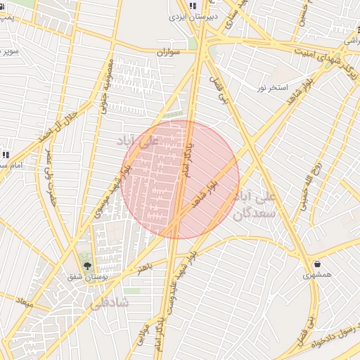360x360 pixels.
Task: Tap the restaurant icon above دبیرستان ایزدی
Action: pyautogui.click(x=193, y=6)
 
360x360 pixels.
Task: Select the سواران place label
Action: pyautogui.click(x=169, y=52)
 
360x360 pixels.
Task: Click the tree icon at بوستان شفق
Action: pyautogui.click(x=87, y=266)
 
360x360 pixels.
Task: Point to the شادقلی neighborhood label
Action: pyautogui.click(x=110, y=302)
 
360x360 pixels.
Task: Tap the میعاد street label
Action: pyautogui.click(x=24, y=304)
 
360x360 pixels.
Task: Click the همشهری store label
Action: pyautogui.click(x=317, y=275)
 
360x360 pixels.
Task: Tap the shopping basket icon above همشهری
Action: pyautogui.click(x=318, y=264)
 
